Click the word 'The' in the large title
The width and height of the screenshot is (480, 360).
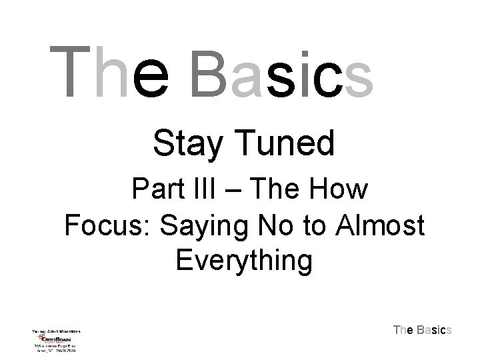110,72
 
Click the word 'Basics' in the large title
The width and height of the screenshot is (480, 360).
281,72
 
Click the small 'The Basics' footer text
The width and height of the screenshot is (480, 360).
423,329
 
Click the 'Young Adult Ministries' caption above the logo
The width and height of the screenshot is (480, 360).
55,330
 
